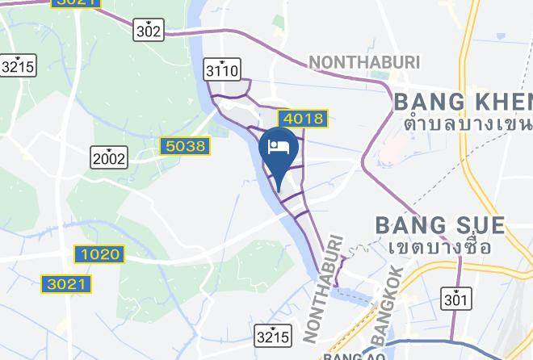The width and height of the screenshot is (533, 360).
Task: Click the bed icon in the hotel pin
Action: [x=279, y=146]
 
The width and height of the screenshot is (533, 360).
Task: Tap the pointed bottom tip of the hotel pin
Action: [x=279, y=190]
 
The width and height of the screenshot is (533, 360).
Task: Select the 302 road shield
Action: [x=149, y=31]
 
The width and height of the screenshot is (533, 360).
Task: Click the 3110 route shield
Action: [x=222, y=70]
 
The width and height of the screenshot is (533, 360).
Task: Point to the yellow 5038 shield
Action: [x=187, y=146]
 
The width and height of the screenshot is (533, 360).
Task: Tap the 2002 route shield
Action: [x=109, y=157]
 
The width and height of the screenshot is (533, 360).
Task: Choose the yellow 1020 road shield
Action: [x=101, y=254]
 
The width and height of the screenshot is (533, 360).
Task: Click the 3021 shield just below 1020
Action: [x=66, y=283]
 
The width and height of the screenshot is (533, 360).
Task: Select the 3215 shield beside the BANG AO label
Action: [x=272, y=334]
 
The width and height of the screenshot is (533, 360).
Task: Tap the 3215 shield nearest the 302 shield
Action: [x=17, y=65]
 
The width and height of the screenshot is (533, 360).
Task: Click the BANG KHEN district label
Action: [x=463, y=102]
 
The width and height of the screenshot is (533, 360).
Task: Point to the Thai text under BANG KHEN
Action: [x=468, y=123]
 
